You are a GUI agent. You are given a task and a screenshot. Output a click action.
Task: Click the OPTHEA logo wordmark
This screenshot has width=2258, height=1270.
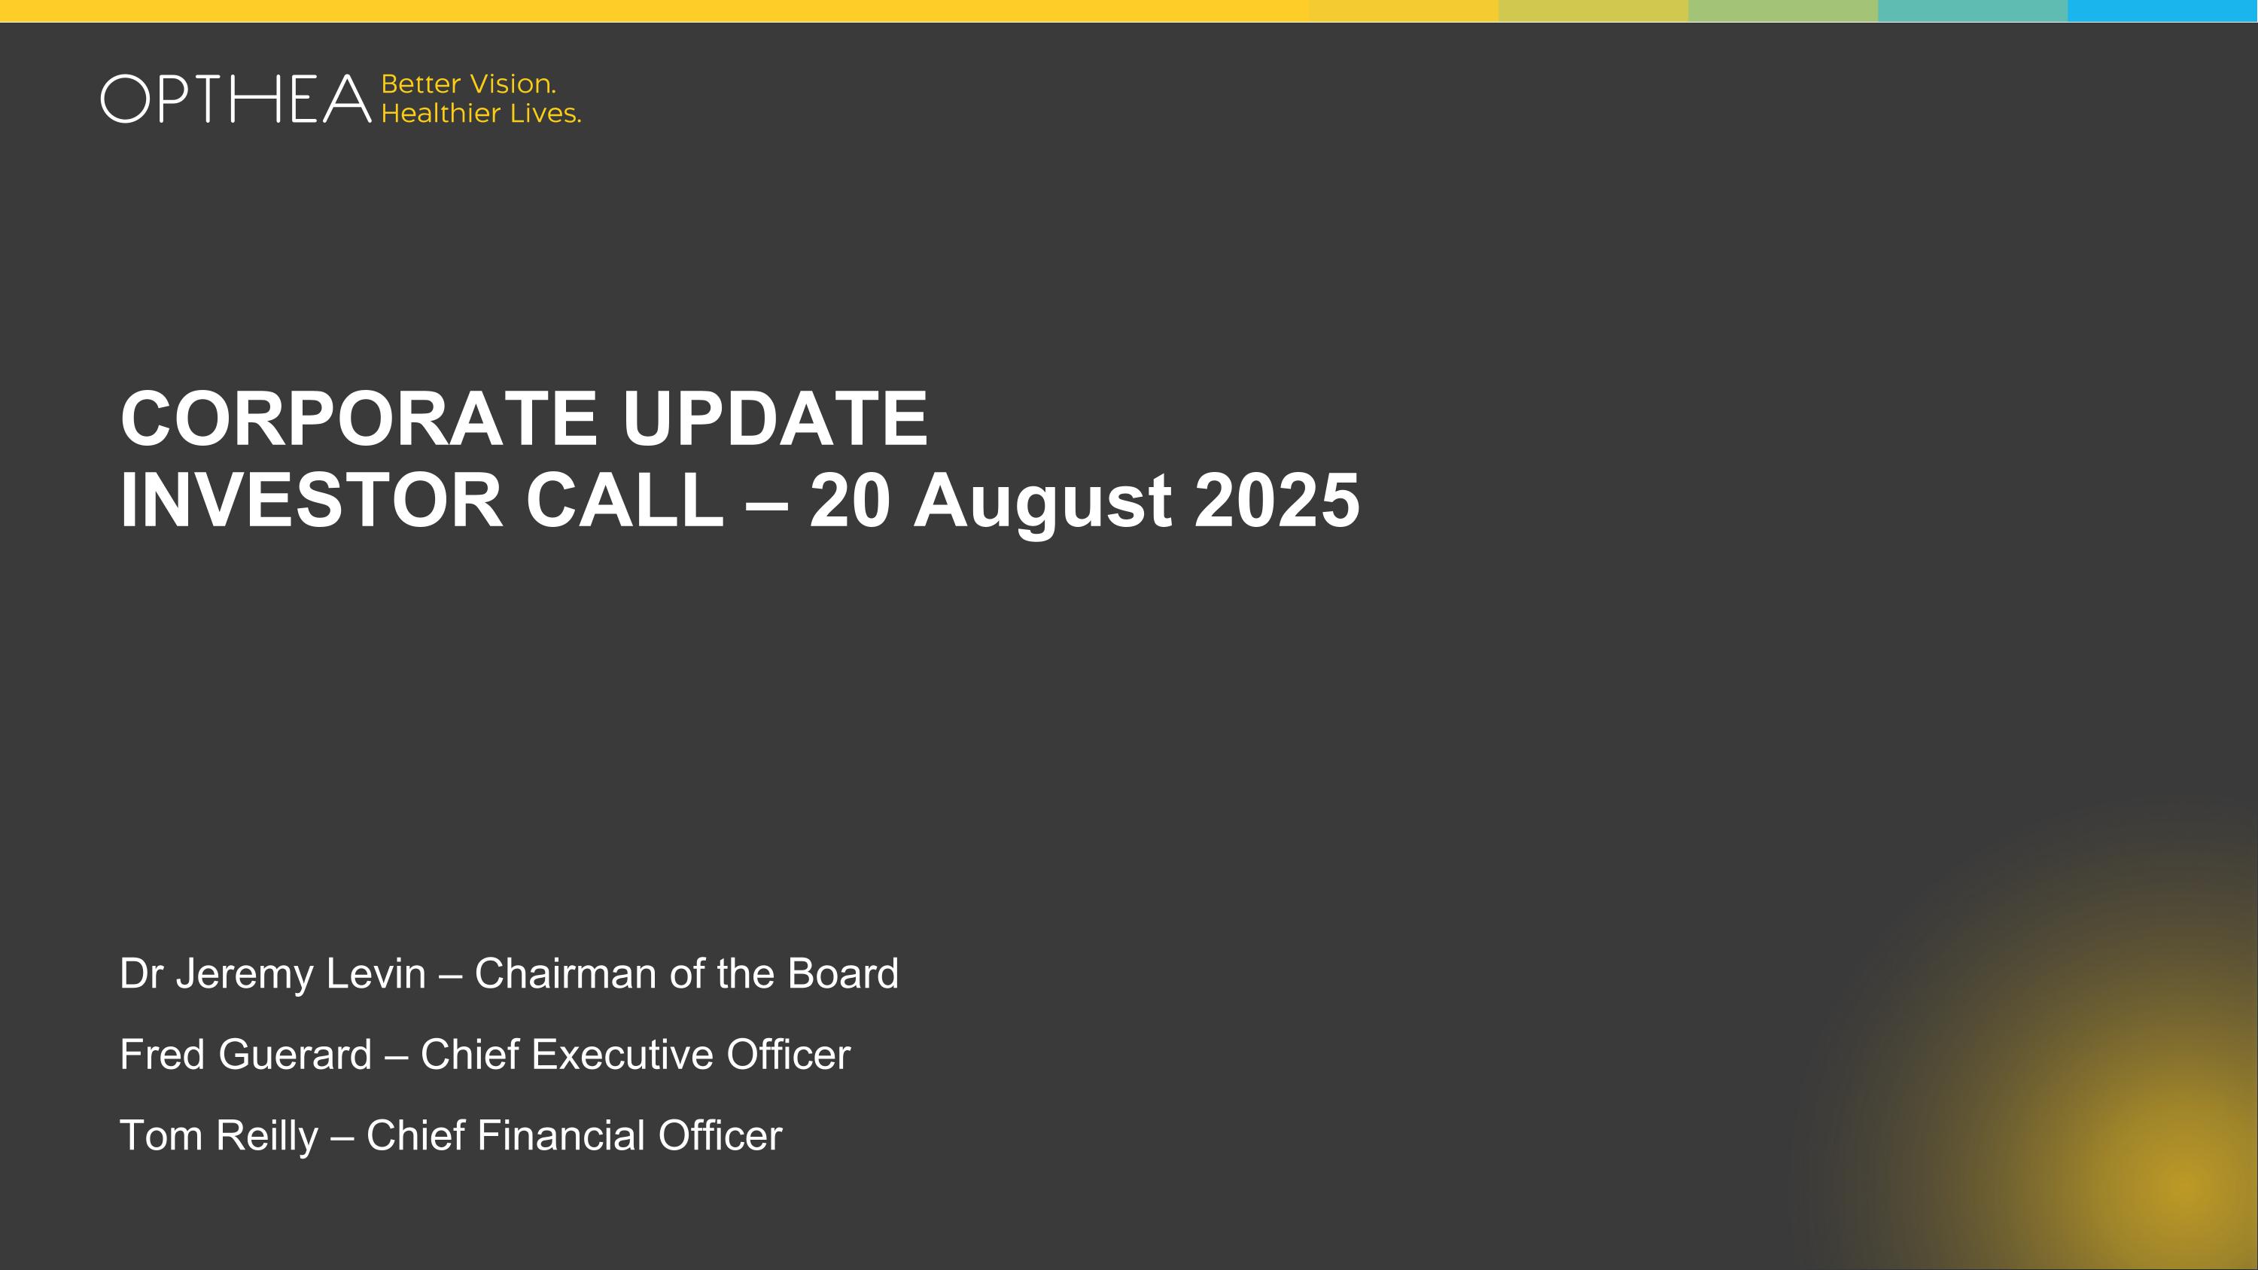coord(236,99)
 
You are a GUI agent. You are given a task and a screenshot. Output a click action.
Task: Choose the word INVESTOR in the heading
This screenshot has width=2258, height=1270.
coord(311,501)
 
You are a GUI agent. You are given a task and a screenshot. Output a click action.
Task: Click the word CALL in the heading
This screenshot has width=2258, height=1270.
coord(624,501)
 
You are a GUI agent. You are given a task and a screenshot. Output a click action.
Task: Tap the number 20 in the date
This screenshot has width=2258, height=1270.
coord(849,501)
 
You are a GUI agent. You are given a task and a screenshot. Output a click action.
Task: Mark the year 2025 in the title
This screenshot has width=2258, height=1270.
coord(1277,501)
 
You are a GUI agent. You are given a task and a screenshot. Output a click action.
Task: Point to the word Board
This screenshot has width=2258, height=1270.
coord(842,973)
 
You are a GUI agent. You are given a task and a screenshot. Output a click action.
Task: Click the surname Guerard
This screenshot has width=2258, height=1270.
coord(294,1055)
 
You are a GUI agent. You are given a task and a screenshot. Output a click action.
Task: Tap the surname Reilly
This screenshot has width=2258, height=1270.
coord(266,1137)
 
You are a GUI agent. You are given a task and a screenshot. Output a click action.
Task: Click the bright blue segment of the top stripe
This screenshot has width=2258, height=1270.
coord(2162,11)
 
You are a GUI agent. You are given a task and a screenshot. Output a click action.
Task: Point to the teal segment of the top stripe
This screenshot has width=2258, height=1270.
coord(1972,11)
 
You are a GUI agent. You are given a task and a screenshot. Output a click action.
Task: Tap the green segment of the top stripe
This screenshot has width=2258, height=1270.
coord(1783,11)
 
